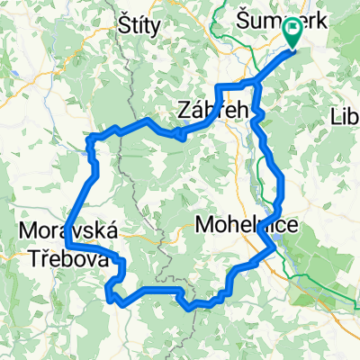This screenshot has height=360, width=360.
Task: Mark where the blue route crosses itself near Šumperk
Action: coord(256,85)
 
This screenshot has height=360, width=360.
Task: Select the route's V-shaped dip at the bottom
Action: coord(190,308)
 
